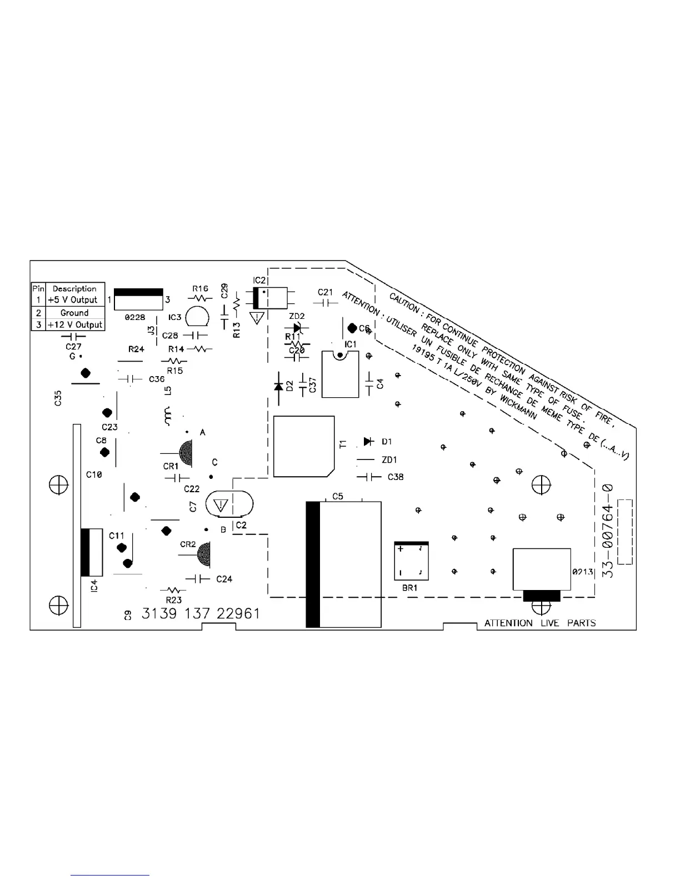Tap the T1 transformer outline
[x=304, y=446]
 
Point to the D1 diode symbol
[x=368, y=441]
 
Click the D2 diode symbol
[x=278, y=386]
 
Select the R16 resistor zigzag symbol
[x=200, y=299]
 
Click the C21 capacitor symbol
[x=325, y=303]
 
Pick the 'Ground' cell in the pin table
[x=74, y=313]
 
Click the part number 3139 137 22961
[x=201, y=614]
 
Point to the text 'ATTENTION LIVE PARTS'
[x=539, y=623]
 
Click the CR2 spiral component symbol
[x=203, y=554]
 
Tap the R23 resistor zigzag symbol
[x=173, y=590]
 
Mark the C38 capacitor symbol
[x=368, y=477]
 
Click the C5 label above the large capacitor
[x=338, y=496]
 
